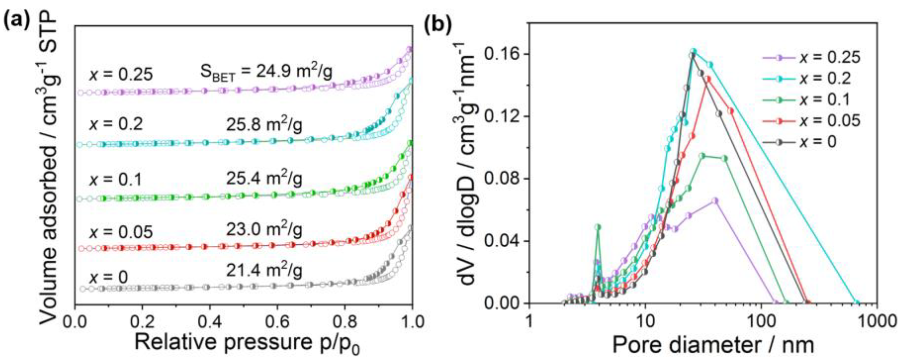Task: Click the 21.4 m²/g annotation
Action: pyautogui.click(x=264, y=270)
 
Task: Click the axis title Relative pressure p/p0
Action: pyautogui.click(x=247, y=345)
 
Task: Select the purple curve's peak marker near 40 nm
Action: pyautogui.click(x=713, y=201)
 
